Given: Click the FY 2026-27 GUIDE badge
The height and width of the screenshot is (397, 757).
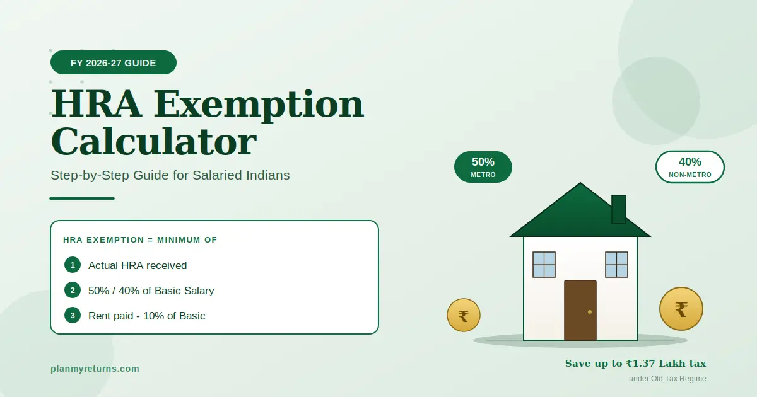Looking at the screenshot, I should coord(114,62).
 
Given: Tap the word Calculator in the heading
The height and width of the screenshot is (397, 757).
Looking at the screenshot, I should coord(153,142).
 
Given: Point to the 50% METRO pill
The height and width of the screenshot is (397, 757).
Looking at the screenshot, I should coord(483,167).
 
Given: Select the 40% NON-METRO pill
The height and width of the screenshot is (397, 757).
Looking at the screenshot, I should coord(690,167).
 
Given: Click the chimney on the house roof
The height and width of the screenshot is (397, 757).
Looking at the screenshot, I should coord(619,209).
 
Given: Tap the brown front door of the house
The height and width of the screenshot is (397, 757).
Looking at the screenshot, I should coord(580,310).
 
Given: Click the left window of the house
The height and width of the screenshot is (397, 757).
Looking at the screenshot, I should coord(544,265).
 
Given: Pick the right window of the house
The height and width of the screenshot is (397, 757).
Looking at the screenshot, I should coord(616,265).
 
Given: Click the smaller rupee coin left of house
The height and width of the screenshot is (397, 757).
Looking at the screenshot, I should coord(464,315).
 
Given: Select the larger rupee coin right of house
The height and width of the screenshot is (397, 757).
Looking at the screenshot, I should coord(681,309).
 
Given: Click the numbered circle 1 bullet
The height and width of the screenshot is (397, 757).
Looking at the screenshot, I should coord(73,265).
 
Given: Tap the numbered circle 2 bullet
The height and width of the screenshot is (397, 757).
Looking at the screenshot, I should coord(73,290).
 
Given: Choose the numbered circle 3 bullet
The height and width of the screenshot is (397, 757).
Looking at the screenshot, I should coord(73,315).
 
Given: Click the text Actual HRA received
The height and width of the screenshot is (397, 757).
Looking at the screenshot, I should coord(138,265).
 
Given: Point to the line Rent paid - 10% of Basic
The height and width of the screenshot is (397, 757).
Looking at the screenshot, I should coord(146,316).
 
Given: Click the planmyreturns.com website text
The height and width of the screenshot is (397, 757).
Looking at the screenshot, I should coord(95,369).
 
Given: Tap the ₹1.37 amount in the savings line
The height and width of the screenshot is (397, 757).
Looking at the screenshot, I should coord(645,364).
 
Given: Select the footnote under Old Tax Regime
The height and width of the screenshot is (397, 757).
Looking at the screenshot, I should coord(667,379).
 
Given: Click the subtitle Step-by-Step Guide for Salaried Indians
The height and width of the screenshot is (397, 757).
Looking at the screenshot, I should coord(170,175).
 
